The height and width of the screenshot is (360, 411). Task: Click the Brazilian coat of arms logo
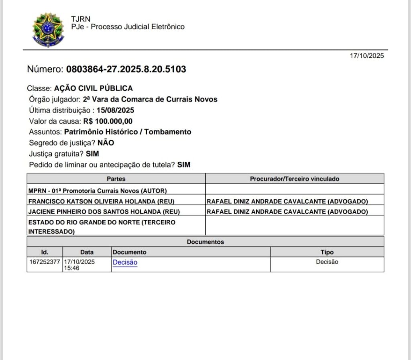tap(48, 30)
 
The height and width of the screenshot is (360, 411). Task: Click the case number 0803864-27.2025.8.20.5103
tap(126, 69)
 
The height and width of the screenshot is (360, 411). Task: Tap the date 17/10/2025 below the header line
tap(366, 56)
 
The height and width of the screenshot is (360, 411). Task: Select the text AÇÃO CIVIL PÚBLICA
tap(93, 88)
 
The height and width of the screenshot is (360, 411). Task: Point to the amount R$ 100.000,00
tap(108, 121)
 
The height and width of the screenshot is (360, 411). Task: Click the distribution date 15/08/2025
tap(115, 110)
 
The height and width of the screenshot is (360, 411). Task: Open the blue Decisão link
tap(125, 262)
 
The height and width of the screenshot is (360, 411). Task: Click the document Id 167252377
tap(45, 262)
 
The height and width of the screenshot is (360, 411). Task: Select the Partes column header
tap(116, 179)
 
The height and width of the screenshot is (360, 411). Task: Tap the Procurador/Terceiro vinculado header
tap(294, 179)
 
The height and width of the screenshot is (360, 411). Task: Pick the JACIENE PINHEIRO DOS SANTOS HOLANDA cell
tap(104, 212)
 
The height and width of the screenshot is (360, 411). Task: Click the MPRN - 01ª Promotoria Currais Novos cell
tap(98, 191)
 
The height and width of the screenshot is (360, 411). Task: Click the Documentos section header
tap(205, 242)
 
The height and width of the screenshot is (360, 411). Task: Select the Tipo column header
tap(327, 252)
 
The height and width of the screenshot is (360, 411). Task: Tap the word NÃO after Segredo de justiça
tap(106, 143)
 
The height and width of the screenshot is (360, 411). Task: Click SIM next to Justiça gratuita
tap(92, 154)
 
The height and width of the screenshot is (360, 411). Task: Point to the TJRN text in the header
tap(81, 19)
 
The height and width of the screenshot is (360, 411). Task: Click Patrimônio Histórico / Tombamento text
tap(128, 132)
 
